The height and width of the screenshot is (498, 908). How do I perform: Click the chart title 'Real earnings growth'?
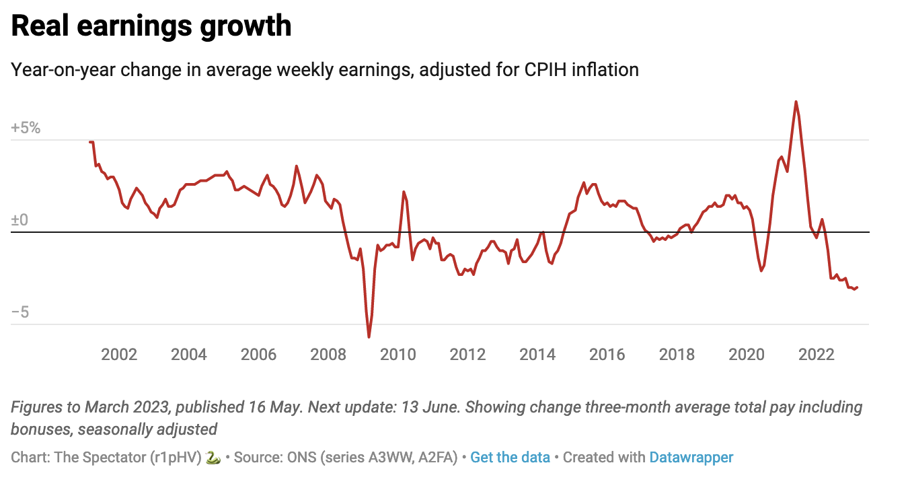[x=151, y=26]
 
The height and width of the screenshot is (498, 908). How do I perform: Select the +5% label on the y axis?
[x=26, y=128]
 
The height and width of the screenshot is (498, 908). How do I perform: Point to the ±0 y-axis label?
[x=20, y=221]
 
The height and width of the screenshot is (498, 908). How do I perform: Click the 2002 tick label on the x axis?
[x=119, y=355]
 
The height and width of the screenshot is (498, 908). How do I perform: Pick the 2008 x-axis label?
[x=328, y=355]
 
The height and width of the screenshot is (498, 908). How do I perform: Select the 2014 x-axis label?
[x=537, y=355]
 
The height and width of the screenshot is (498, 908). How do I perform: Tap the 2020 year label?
[x=747, y=355]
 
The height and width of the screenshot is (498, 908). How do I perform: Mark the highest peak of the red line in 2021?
[x=796, y=102]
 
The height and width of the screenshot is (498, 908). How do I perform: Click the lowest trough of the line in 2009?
[x=369, y=336]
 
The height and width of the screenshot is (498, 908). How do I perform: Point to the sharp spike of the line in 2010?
[x=404, y=192]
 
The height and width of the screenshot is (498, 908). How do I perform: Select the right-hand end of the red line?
[x=858, y=287]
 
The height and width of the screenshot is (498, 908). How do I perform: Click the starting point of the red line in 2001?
[x=90, y=142]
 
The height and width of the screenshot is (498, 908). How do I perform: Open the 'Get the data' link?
[x=510, y=458]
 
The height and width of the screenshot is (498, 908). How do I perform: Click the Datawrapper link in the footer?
[x=691, y=458]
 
